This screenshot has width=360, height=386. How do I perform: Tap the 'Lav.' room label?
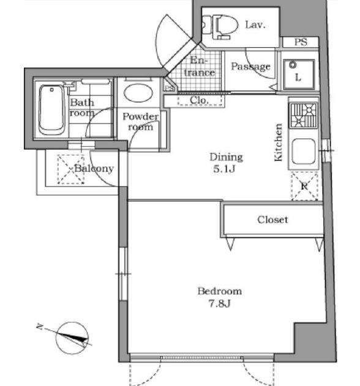click(253, 25)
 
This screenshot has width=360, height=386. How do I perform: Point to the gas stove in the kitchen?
click(304, 115)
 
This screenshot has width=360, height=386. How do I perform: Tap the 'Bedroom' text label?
click(219, 291)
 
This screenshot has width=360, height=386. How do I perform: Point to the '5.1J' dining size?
click(225, 169)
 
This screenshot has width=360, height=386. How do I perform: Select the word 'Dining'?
click(226, 157)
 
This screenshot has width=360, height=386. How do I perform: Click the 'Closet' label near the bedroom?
click(272, 219)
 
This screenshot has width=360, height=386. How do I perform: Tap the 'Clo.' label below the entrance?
click(198, 100)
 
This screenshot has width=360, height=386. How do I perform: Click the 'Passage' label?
click(250, 67)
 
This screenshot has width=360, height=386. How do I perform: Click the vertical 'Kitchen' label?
click(279, 143)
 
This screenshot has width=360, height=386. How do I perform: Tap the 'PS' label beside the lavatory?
click(300, 42)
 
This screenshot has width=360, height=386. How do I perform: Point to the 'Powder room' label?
click(140, 122)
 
